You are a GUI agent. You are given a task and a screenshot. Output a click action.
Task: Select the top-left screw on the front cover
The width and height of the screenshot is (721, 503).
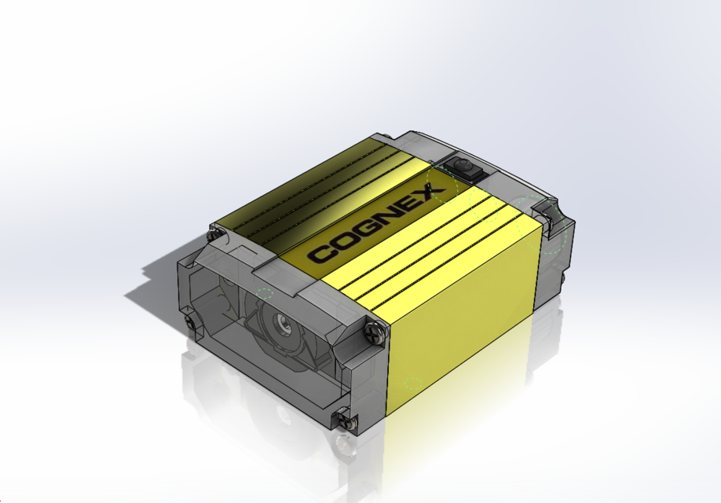click(x=213, y=233)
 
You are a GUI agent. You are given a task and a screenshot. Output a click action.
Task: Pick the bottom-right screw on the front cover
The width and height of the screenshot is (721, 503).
click(x=342, y=419)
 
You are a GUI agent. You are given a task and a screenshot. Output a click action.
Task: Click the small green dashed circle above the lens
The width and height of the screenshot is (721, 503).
click(x=265, y=294)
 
